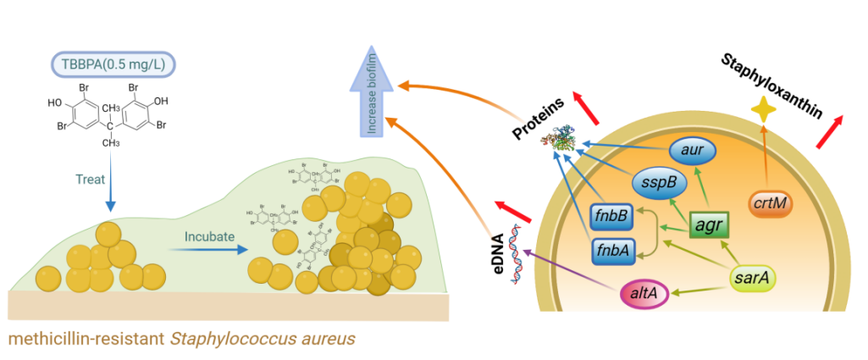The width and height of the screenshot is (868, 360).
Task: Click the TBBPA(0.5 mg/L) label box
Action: click(110, 64)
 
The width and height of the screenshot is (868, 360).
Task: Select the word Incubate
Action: click(207, 237)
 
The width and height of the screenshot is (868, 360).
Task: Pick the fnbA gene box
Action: click(610, 250)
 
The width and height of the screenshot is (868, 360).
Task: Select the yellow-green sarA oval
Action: click(754, 277)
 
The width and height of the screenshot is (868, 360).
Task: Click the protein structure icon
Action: click(565, 141)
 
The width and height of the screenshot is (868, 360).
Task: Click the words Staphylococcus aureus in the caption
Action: click(263, 339)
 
